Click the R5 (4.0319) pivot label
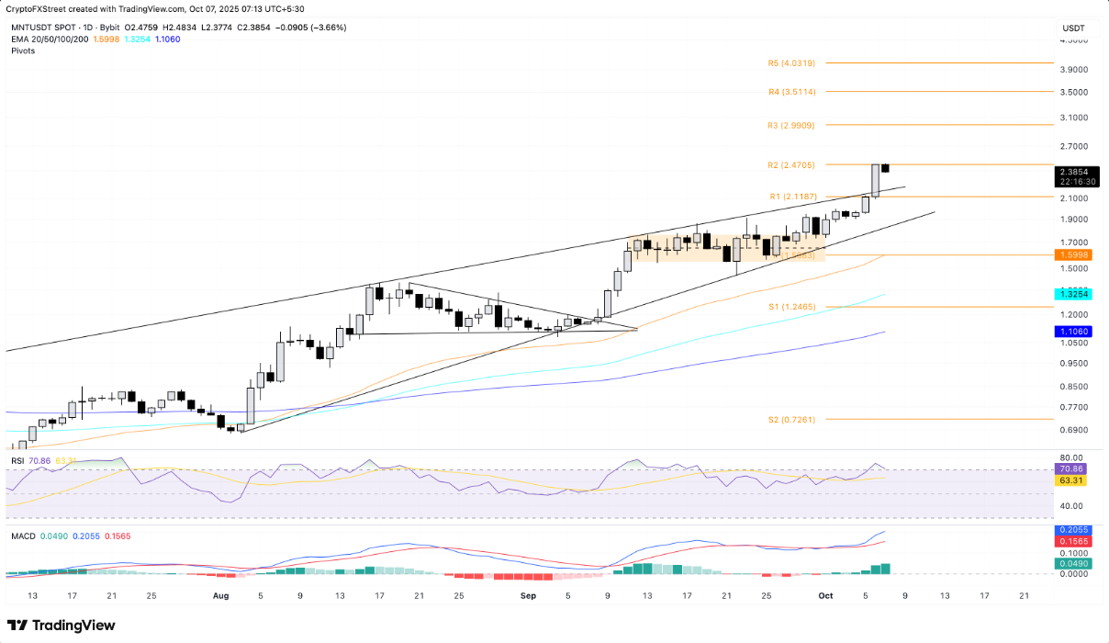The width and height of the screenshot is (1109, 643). click(790, 63)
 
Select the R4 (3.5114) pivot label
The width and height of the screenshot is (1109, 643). click(790, 92)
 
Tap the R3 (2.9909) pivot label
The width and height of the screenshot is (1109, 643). click(790, 125)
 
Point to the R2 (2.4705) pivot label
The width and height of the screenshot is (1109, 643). click(790, 164)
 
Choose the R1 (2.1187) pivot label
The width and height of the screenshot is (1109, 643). click(790, 197)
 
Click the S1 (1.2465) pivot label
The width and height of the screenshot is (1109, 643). click(790, 308)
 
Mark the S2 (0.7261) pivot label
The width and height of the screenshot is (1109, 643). click(790, 419)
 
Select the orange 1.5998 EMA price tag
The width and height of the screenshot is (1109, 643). click(1073, 255)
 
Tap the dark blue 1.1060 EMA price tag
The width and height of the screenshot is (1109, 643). click(1073, 330)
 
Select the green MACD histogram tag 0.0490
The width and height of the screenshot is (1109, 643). click(1073, 564)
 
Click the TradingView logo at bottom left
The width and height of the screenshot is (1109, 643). click(62, 626)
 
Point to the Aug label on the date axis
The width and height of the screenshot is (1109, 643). click(220, 595)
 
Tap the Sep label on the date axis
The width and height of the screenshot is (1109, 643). click(528, 595)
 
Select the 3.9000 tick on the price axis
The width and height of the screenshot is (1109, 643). click(1073, 69)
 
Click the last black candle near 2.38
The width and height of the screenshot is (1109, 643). click(886, 168)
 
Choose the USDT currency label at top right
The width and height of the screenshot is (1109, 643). click(1073, 28)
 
